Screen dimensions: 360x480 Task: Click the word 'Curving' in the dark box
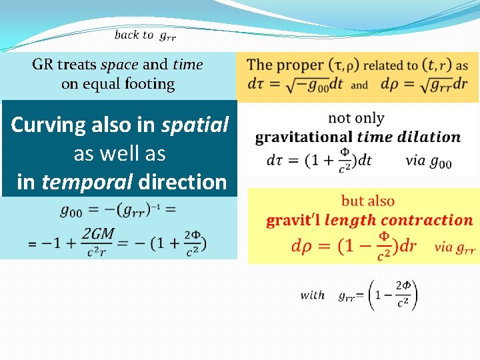[50, 125]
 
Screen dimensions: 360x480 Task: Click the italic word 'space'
[119, 65]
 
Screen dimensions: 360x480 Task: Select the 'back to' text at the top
[133, 35]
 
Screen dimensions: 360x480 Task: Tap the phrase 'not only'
[356, 118]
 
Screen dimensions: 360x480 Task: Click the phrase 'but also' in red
[367, 201]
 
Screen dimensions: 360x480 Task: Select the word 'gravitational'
[304, 137]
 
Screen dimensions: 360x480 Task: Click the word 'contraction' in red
[431, 220]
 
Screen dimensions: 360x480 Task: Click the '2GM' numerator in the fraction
[99, 233]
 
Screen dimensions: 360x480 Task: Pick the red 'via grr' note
[454, 247]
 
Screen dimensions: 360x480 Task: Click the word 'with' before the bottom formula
[312, 295]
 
